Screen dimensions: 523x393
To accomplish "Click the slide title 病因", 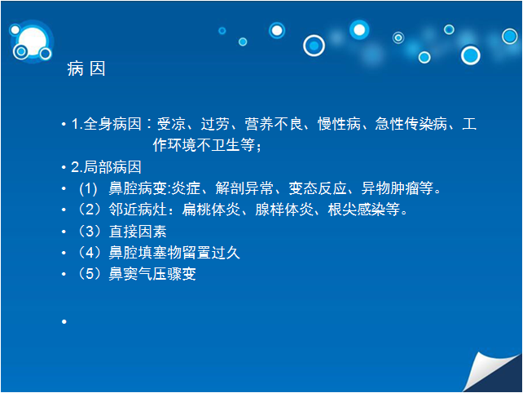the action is click(86, 68).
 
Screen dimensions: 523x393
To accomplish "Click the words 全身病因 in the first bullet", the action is click(112, 124).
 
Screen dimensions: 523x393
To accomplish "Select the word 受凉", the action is click(171, 124).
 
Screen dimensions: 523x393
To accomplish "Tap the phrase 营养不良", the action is click(274, 124).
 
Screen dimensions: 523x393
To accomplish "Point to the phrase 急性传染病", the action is click(411, 124).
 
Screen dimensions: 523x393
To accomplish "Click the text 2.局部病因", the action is click(106, 167).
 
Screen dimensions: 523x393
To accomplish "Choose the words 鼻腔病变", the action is click(138, 188).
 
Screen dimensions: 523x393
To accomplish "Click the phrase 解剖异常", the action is click(244, 188).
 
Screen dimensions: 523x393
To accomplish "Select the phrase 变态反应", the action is click(318, 188).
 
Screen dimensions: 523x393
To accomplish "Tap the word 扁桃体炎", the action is click(211, 210).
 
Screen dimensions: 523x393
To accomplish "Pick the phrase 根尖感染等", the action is click(364, 210).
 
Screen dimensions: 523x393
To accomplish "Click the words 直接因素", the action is click(138, 232).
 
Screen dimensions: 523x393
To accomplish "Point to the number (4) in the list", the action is click(90, 253).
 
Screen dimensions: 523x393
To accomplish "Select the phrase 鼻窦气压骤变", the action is click(152, 274).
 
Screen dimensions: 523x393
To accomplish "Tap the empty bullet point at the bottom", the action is click(64, 321).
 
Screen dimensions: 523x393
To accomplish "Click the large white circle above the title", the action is click(33, 42).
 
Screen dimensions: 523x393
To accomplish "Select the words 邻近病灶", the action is click(138, 210).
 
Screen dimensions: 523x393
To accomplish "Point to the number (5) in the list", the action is click(90, 274).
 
